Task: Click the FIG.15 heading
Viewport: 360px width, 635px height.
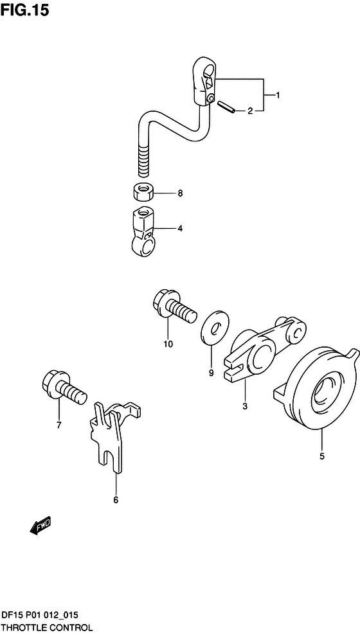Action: (24, 10)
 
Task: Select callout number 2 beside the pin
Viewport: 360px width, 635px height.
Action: (250, 111)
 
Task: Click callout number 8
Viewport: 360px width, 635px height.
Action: (180, 193)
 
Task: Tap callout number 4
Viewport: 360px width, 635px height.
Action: (180, 229)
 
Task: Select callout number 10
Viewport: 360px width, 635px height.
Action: (168, 344)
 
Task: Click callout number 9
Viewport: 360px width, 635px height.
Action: (211, 373)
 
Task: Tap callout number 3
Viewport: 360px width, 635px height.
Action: (245, 407)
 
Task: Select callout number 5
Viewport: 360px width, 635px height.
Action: (322, 456)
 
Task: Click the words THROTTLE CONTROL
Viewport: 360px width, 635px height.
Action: (47, 629)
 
